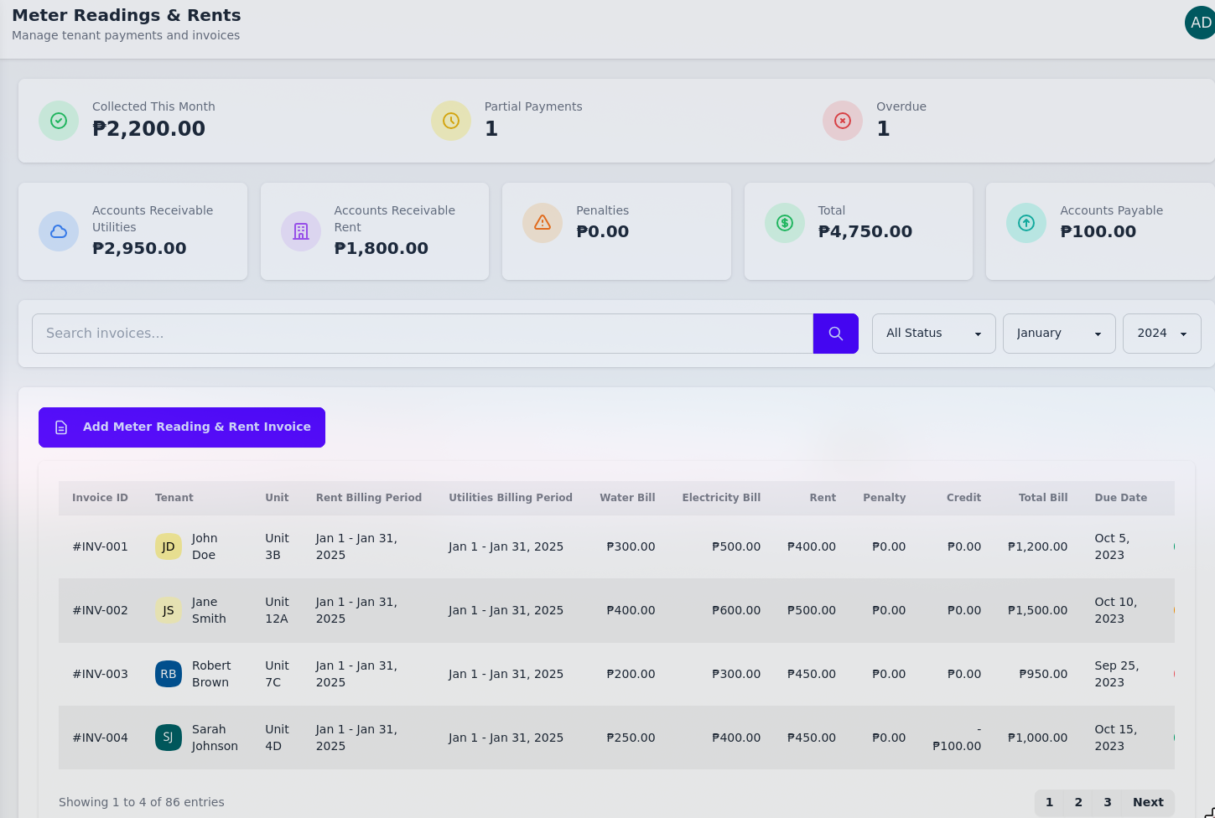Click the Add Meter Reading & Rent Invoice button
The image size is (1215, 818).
click(x=182, y=427)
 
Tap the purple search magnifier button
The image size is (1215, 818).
click(x=835, y=334)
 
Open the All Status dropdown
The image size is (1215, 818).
click(x=933, y=334)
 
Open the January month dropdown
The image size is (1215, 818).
click(x=1058, y=334)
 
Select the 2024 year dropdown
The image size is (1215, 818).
click(x=1161, y=334)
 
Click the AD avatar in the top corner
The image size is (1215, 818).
click(x=1200, y=23)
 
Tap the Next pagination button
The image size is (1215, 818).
click(x=1147, y=802)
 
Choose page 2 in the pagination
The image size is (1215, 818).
click(x=1078, y=802)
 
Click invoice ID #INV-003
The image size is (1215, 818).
click(x=100, y=674)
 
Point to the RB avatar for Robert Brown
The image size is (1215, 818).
click(x=169, y=674)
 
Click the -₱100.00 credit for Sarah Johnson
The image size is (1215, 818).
click(x=957, y=738)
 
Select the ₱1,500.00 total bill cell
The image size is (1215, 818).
click(x=1037, y=610)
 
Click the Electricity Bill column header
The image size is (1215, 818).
click(x=721, y=498)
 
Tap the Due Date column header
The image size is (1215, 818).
click(x=1120, y=498)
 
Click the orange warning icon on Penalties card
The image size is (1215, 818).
click(x=543, y=223)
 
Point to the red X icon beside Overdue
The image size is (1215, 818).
click(x=843, y=121)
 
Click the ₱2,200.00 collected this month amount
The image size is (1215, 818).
click(x=148, y=129)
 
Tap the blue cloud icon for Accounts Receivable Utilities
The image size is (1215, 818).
click(x=59, y=231)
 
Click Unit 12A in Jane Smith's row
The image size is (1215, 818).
click(x=277, y=610)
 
